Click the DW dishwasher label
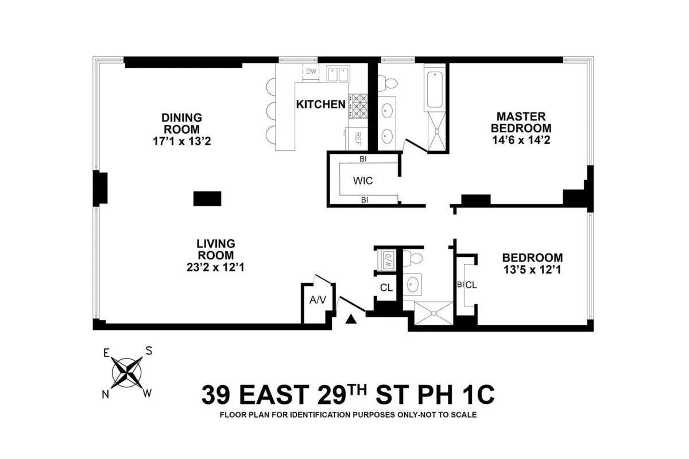(311, 72)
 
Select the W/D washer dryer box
(388, 260)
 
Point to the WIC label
(363, 181)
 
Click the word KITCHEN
(320, 104)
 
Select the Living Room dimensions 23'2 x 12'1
(216, 267)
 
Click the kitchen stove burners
(359, 106)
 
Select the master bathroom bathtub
(435, 89)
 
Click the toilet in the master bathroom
(391, 83)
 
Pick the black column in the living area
(207, 199)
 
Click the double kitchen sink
(338, 74)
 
